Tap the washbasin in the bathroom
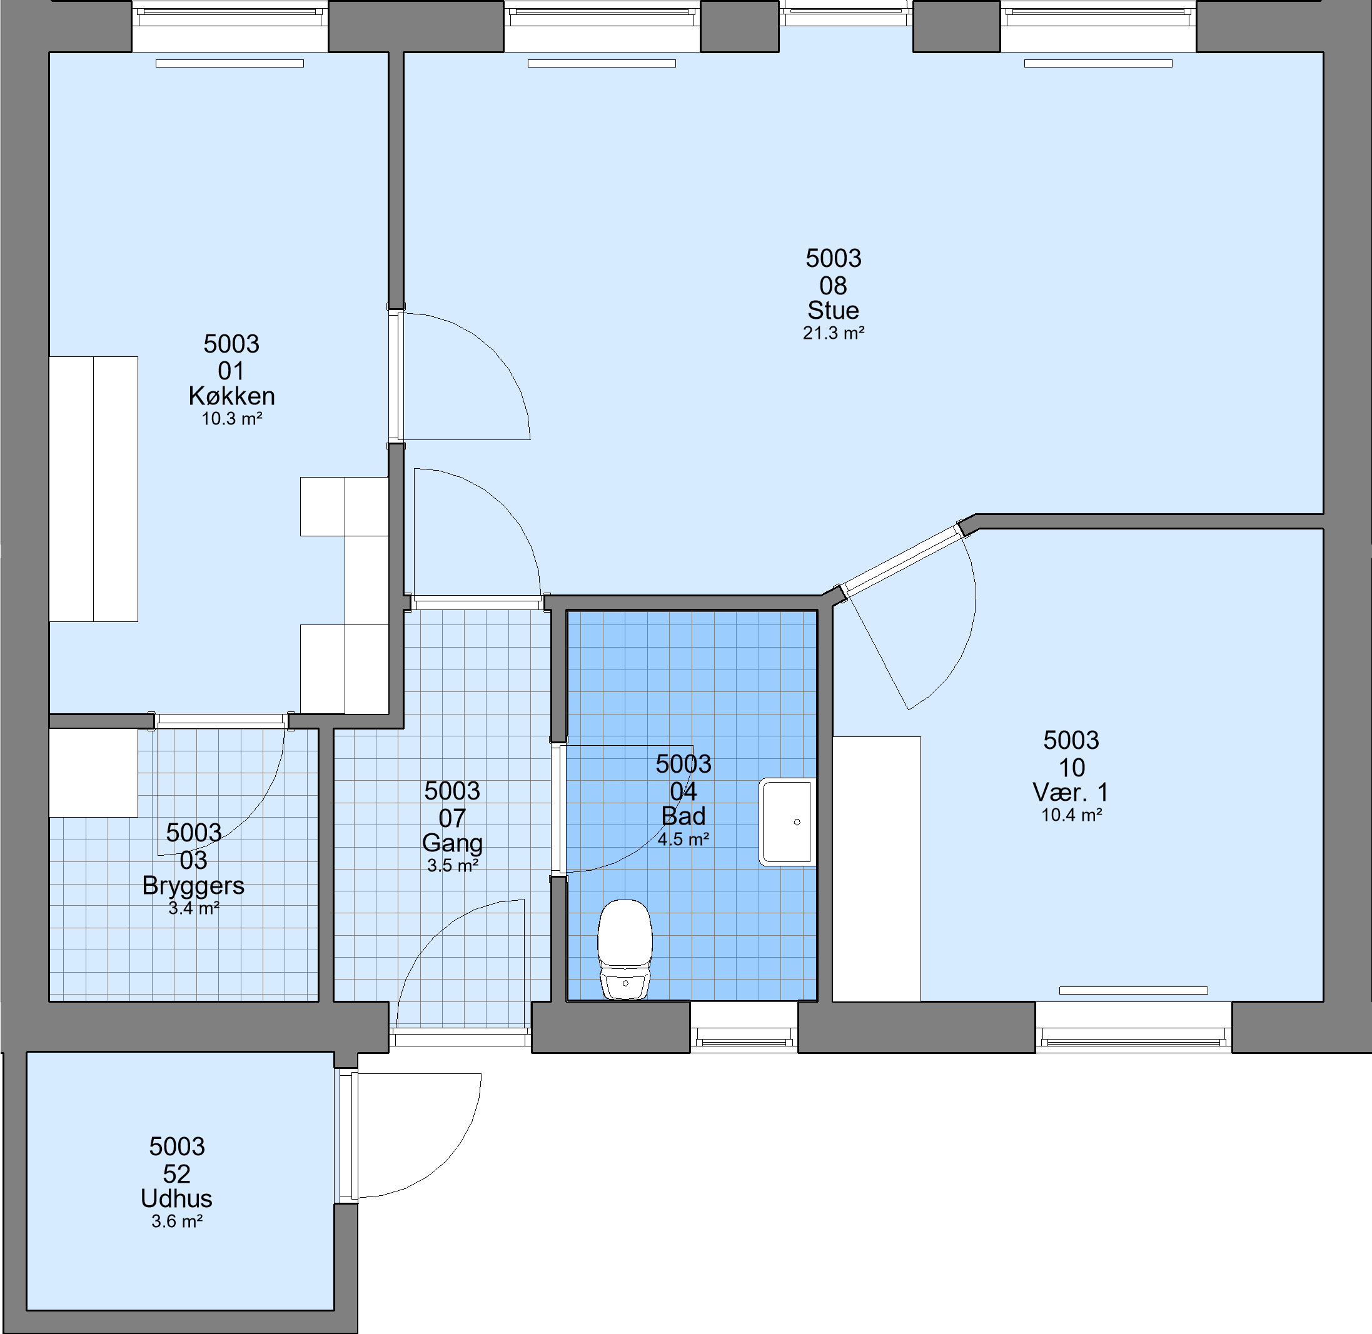[x=787, y=822]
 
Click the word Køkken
[x=231, y=396]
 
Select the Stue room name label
[x=833, y=311]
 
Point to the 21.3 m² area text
[x=833, y=334]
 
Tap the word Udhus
[x=176, y=1199]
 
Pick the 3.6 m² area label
[x=176, y=1222]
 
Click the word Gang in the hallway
[x=453, y=843]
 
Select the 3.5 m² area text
[x=453, y=866]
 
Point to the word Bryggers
[x=193, y=886]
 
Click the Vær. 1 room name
[x=1071, y=793]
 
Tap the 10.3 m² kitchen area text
[x=232, y=419]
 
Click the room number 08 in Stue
[x=833, y=286]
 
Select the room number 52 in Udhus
[x=176, y=1174]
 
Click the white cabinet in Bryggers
[x=93, y=773]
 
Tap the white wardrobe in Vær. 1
[x=877, y=869]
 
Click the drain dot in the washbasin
[x=797, y=822]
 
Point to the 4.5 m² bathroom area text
[x=683, y=840]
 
